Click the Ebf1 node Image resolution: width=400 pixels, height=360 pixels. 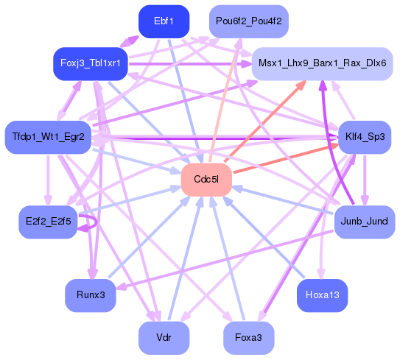[x=164, y=21]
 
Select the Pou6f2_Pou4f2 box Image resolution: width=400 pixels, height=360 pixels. [x=248, y=21]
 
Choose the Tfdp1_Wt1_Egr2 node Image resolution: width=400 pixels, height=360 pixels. [x=48, y=137]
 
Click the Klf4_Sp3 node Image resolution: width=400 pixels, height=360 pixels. [x=365, y=137]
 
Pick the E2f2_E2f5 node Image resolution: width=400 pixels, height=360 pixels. [x=48, y=222]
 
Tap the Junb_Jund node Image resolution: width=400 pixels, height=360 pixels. [x=364, y=221]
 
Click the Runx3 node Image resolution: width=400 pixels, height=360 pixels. [x=91, y=295]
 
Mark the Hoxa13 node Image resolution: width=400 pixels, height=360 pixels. [x=322, y=295]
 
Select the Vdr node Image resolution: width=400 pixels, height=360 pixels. [x=164, y=338]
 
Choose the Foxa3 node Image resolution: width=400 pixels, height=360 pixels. [x=248, y=338]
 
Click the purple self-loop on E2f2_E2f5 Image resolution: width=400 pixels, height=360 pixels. [x=89, y=222]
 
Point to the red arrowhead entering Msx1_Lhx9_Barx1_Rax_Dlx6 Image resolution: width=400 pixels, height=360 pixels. [x=299, y=86]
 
